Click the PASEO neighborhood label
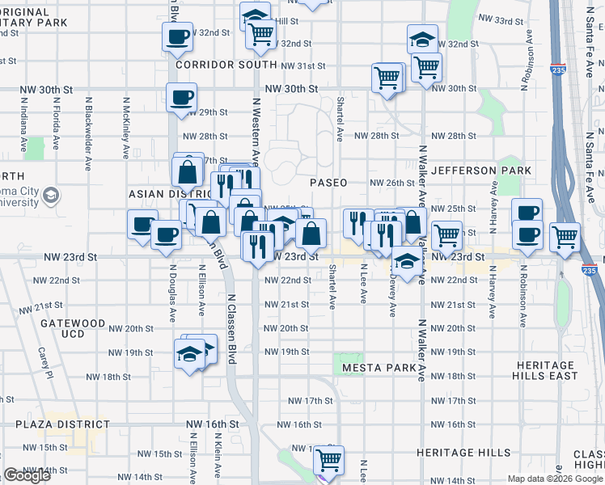tap(328, 183)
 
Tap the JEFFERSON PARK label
tap(481, 171)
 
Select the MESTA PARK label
tap(379, 368)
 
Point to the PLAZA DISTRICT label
tap(61, 424)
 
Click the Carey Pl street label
tap(45, 363)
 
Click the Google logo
tap(27, 475)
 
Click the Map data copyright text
tap(554, 479)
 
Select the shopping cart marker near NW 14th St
tap(328, 460)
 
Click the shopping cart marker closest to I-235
tap(565, 237)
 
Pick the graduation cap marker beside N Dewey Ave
tap(407, 263)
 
